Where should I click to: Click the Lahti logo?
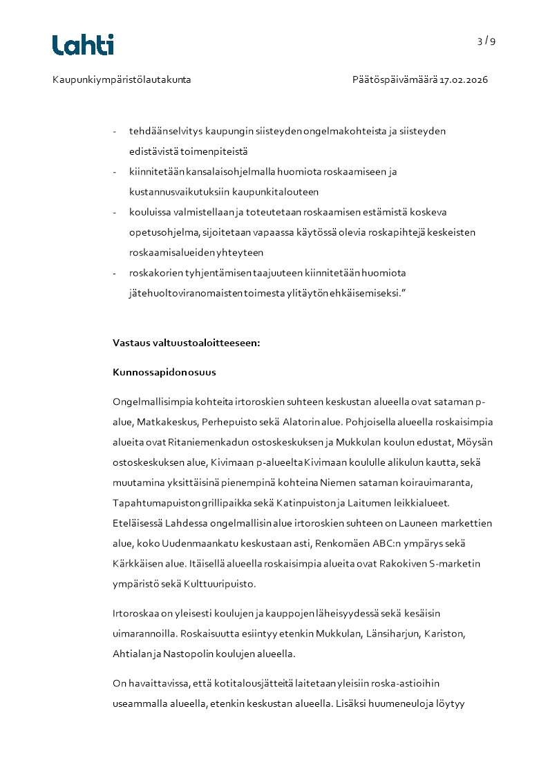click(83, 45)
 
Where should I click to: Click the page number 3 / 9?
click(486, 41)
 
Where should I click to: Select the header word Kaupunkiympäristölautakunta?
click(122, 79)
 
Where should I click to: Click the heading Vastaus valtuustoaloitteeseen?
click(186, 342)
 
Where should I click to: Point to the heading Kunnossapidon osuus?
click(164, 372)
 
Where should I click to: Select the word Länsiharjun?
click(390, 633)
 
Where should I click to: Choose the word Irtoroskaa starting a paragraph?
click(136, 613)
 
